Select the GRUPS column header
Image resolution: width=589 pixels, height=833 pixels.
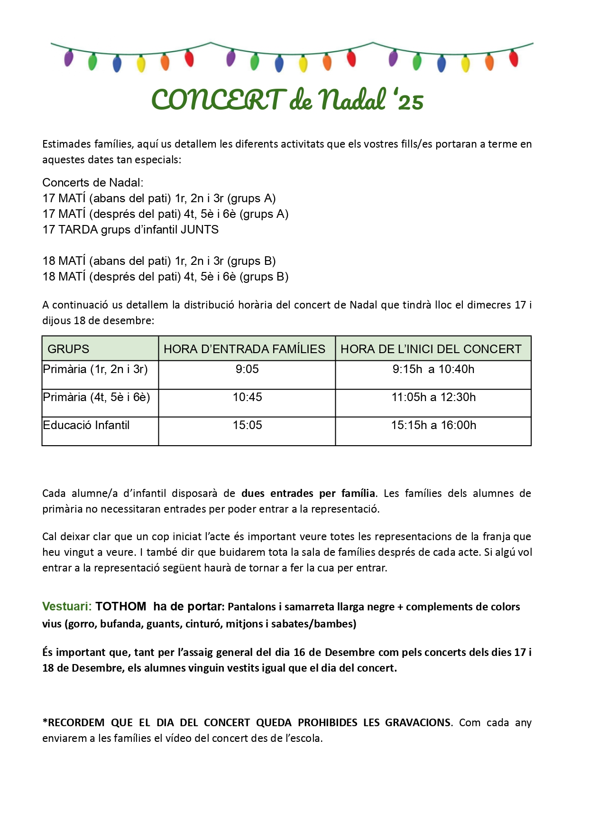pos(68,349)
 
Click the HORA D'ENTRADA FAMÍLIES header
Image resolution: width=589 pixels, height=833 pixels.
pos(244,349)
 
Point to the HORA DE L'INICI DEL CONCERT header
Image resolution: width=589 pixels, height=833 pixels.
pos(431,349)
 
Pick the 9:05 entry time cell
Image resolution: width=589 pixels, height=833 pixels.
pos(247,369)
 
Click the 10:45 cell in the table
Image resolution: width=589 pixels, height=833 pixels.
pos(247,397)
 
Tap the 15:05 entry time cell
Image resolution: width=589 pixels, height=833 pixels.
pos(247,425)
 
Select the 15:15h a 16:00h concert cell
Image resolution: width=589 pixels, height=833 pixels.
pos(433,425)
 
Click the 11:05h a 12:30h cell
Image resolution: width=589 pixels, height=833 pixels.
pos(433,397)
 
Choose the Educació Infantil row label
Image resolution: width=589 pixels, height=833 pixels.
pos(86,425)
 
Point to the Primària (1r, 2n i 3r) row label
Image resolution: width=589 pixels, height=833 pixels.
pos(95,369)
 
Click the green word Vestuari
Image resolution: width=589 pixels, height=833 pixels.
pos(66,607)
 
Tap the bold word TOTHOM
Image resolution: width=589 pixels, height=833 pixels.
pos(121,607)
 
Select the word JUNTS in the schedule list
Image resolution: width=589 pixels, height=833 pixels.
pos(200,230)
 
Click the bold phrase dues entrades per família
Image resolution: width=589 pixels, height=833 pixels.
pos(308,494)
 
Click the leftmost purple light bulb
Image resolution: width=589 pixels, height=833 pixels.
pos(69,58)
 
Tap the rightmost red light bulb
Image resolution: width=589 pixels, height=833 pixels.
pos(514,58)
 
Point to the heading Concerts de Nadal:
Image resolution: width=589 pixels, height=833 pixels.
pos(93,183)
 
